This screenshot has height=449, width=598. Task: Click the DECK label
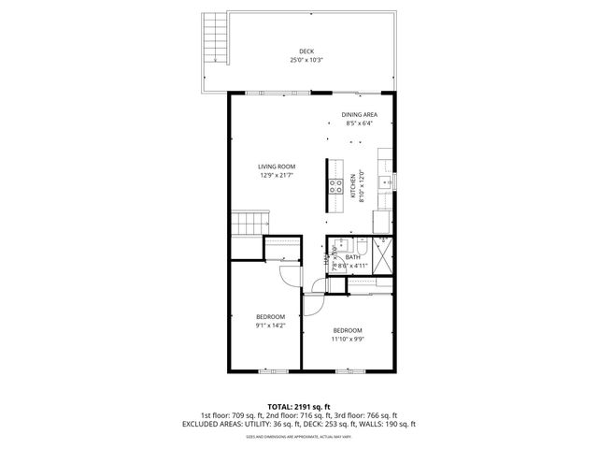(306, 51)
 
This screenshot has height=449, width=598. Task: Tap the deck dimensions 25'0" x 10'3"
(306, 60)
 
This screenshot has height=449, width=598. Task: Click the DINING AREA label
(359, 114)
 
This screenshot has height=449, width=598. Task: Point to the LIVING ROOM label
(277, 167)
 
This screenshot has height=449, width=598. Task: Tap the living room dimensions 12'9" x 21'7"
(277, 176)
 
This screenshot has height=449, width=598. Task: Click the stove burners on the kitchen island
(335, 186)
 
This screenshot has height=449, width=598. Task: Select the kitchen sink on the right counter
(384, 180)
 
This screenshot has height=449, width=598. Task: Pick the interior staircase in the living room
(249, 224)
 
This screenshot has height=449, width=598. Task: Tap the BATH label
(352, 257)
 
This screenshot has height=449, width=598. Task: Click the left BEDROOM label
(270, 317)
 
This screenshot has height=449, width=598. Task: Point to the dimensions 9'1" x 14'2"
(270, 326)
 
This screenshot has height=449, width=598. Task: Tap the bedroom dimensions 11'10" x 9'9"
(348, 340)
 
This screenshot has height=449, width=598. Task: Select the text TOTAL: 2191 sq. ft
(299, 407)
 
